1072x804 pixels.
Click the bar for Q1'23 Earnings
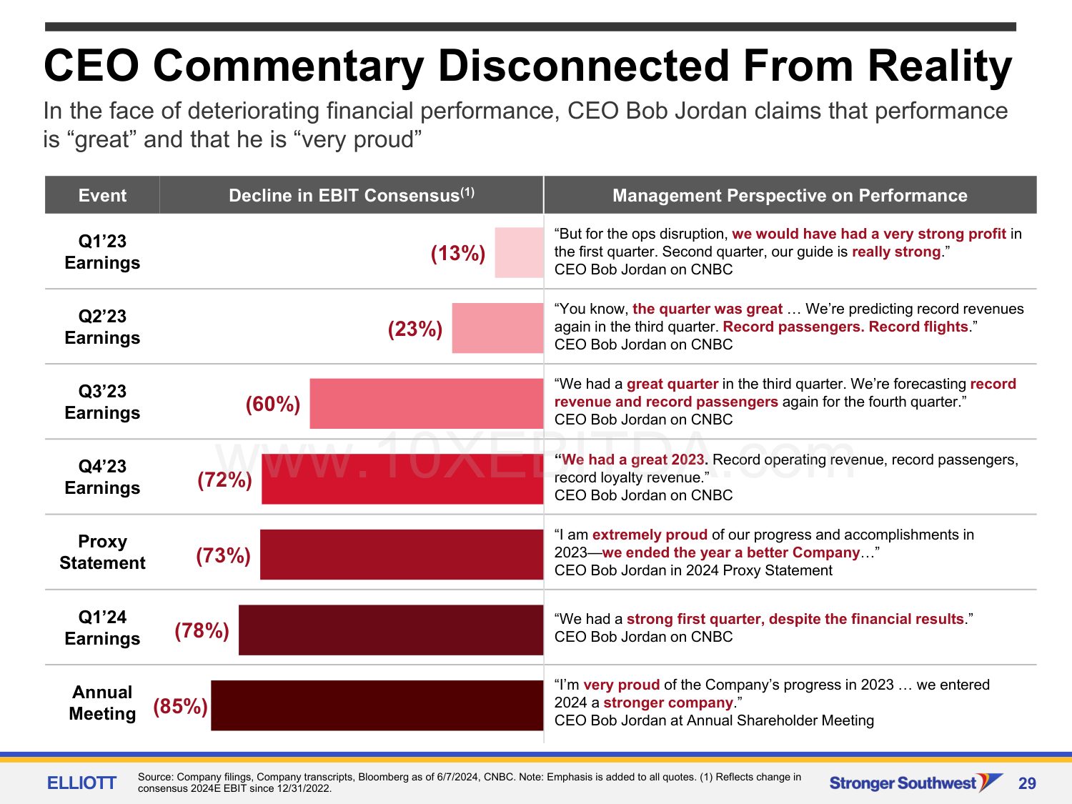click(x=519, y=252)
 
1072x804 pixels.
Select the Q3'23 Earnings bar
click(x=427, y=404)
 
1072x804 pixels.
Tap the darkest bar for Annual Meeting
click(x=377, y=705)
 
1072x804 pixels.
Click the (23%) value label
click(x=415, y=329)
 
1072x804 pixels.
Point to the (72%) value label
click(x=224, y=480)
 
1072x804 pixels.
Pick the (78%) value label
click(x=202, y=630)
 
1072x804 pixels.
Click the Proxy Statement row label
click(x=102, y=552)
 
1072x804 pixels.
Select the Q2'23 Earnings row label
click(x=102, y=327)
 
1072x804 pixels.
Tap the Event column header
click(x=102, y=195)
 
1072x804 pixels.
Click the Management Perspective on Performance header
click(x=790, y=195)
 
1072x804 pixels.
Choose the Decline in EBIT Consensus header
click(x=351, y=195)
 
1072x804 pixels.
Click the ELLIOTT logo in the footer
click(x=81, y=783)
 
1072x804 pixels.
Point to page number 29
click(x=1027, y=783)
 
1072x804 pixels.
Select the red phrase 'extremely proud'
click(x=650, y=535)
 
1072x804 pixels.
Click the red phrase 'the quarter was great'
click(x=708, y=309)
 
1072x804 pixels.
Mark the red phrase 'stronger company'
click(x=668, y=703)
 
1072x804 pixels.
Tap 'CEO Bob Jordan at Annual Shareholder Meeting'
click(x=714, y=720)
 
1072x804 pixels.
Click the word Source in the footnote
click(x=155, y=777)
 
